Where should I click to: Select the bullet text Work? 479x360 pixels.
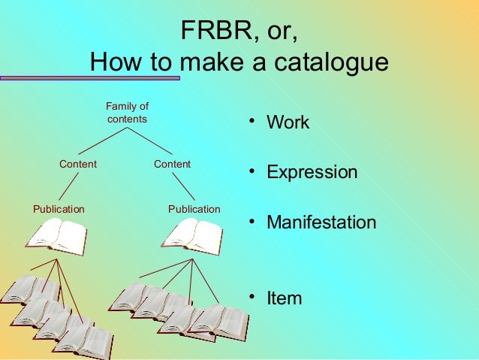point(288,123)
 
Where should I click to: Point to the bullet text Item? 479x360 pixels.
point(285,298)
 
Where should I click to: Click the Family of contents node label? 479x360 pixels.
point(127,113)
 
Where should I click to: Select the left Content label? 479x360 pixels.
point(78,164)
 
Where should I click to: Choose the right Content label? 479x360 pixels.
point(172,164)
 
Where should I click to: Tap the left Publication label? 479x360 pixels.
point(59,208)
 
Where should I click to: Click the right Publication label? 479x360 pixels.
point(194,208)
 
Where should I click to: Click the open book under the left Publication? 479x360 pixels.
point(56,236)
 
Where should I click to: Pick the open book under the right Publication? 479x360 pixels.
point(192,236)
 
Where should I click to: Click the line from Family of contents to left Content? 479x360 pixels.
point(101,141)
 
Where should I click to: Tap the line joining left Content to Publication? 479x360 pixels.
point(69,186)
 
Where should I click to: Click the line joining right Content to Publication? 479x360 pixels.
point(183,186)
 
